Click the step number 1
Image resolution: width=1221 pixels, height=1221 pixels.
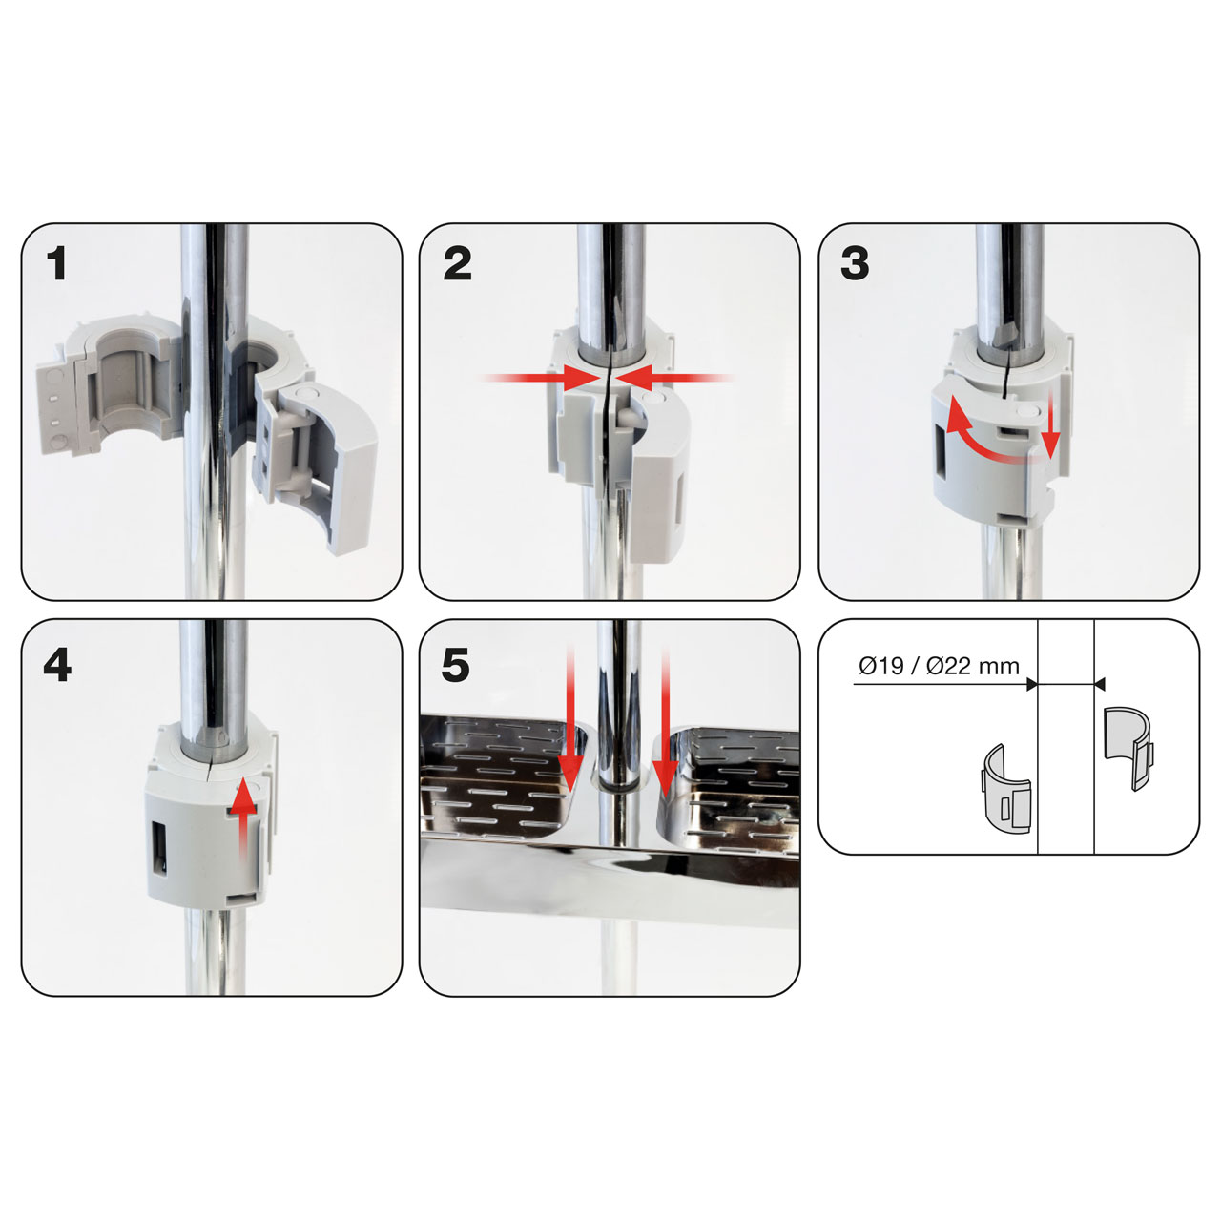(57, 264)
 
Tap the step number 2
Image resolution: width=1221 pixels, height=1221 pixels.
(458, 264)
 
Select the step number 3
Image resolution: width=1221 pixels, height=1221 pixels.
(855, 264)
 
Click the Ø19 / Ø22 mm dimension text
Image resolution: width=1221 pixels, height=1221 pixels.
(940, 666)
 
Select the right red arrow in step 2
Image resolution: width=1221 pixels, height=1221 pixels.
(674, 379)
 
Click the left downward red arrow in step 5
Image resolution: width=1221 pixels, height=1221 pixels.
(569, 719)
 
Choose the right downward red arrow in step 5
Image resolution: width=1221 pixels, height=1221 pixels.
(665, 720)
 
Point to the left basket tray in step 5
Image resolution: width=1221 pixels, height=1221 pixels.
(501, 789)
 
